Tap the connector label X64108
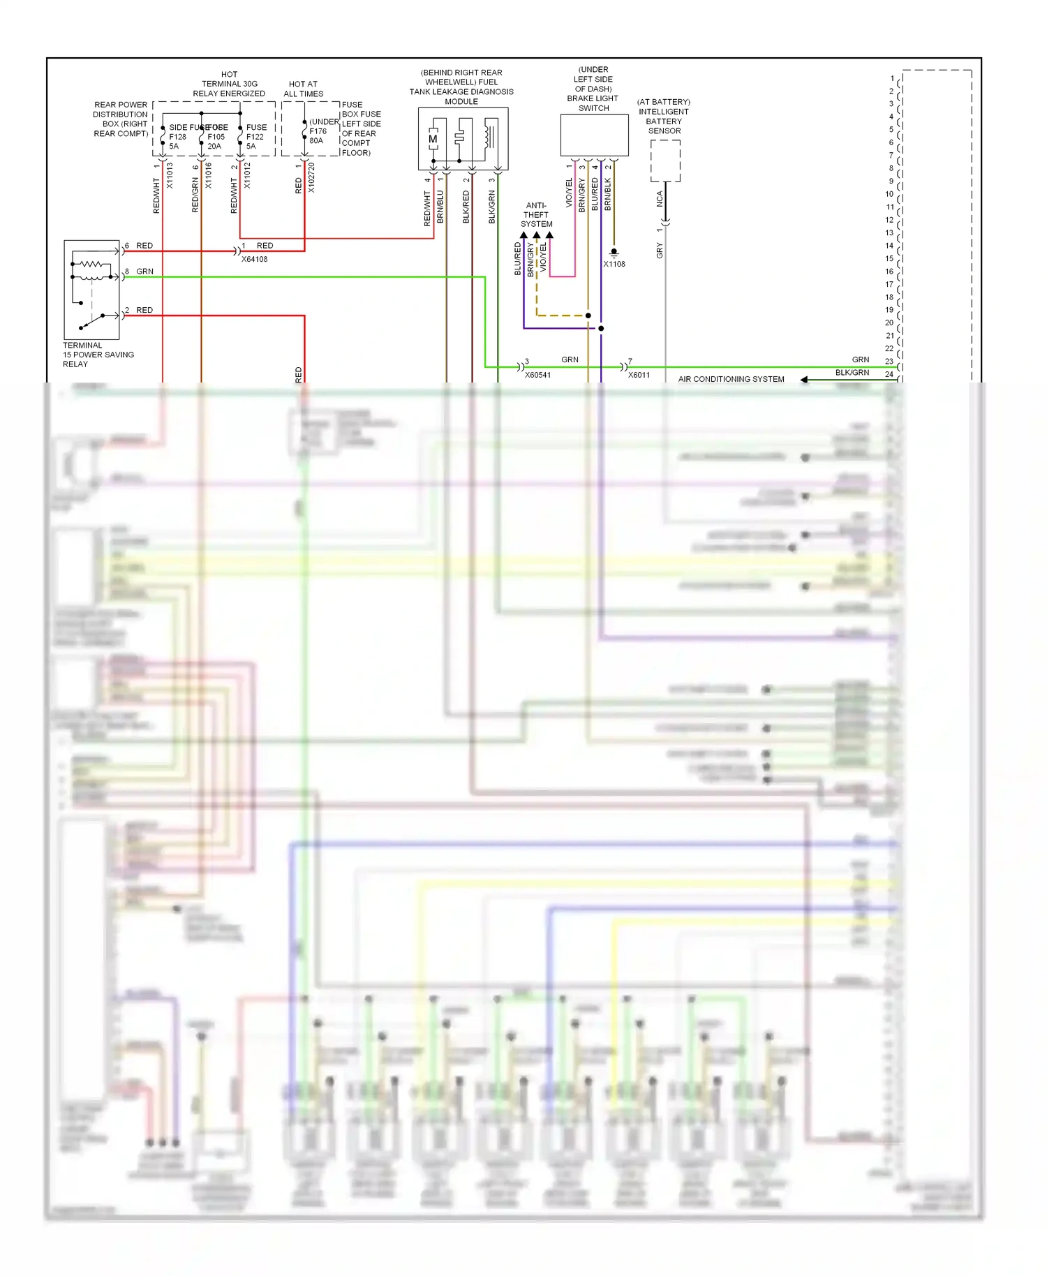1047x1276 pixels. click(254, 259)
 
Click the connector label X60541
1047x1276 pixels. click(537, 375)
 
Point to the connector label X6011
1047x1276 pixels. click(639, 375)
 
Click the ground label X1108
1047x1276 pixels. click(614, 264)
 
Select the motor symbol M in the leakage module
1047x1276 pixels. click(433, 139)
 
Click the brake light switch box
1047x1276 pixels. click(594, 135)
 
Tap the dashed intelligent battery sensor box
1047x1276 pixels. click(665, 161)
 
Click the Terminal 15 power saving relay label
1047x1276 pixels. click(98, 355)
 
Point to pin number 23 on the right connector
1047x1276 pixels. click(889, 361)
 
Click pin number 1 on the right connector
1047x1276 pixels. click(892, 78)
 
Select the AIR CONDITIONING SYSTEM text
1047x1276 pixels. click(731, 379)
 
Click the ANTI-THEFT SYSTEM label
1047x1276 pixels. click(536, 215)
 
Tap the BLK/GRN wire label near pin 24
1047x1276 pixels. click(852, 373)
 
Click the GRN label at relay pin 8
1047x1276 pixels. click(144, 272)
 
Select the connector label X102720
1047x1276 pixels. click(311, 178)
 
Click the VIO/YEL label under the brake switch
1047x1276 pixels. click(569, 193)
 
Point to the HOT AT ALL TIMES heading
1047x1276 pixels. click(303, 89)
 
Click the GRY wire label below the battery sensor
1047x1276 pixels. click(659, 251)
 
